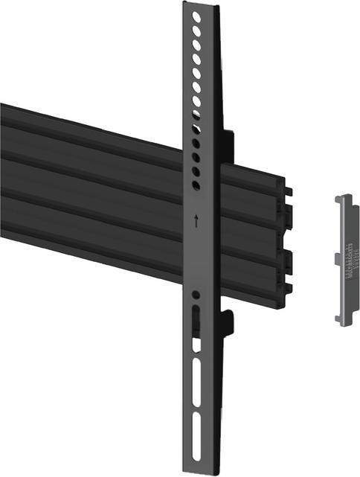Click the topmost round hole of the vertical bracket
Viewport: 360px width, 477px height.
pos(196,15)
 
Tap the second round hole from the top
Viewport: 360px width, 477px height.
pos(196,30)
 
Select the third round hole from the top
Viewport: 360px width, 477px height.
pos(196,44)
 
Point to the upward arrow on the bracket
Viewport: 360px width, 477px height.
pos(196,220)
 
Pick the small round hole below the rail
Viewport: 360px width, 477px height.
pos(196,295)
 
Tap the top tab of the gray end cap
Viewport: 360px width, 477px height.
pos(343,199)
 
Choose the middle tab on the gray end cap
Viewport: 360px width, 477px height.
pos(338,258)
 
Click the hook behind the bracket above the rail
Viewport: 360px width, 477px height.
pos(229,142)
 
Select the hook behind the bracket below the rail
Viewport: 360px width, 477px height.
pos(228,320)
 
